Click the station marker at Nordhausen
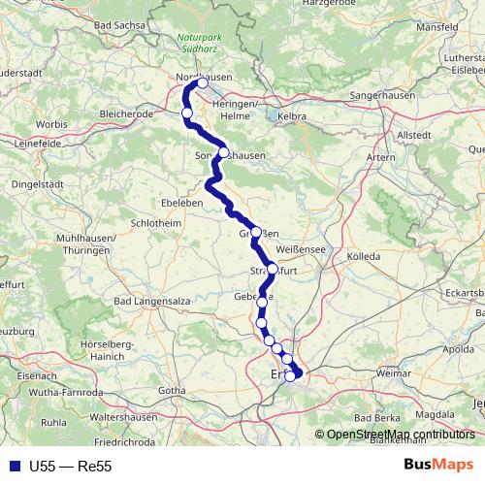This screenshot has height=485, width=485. tap(202, 83)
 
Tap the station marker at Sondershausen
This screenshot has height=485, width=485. tap(223, 152)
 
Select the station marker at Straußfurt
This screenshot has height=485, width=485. tap(272, 269)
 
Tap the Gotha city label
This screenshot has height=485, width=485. tap(172, 390)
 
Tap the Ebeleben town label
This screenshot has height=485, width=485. tap(180, 204)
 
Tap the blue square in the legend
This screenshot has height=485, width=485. tap(15, 466)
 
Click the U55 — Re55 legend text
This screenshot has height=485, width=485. tap(72, 466)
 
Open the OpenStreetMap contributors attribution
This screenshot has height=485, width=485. tap(401, 434)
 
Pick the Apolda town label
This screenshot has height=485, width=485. tap(457, 348)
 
